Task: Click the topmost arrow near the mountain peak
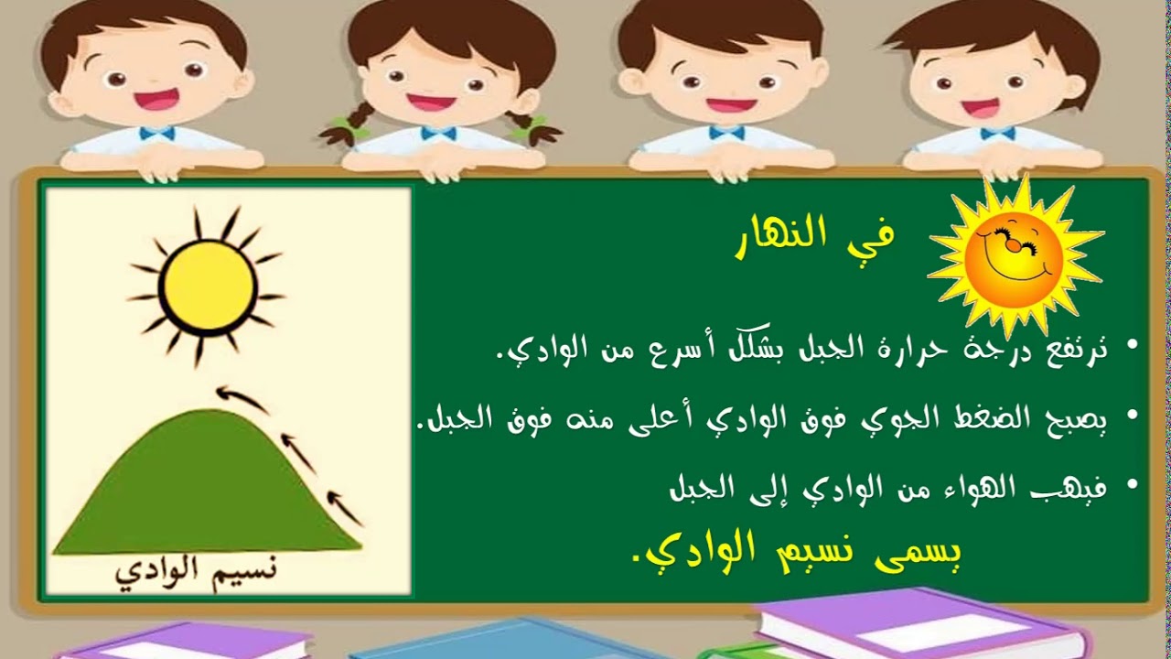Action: pos(242,399)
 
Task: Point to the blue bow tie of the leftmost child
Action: pos(156,134)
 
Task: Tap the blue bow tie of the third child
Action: pos(726,133)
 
